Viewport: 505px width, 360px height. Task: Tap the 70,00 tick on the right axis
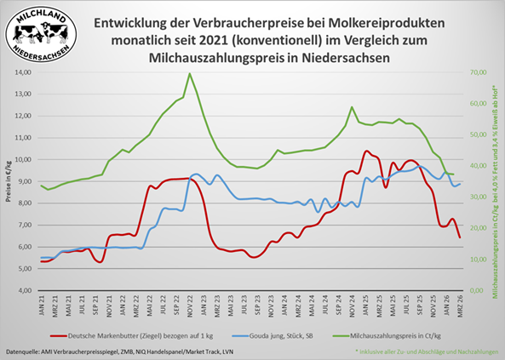pyautogui.click(x=473, y=72)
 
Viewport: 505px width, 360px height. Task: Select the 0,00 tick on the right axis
pyautogui.click(x=472, y=290)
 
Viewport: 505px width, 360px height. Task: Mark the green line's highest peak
pyautogui.click(x=189, y=73)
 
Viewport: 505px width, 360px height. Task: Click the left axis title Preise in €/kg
pyautogui.click(x=8, y=181)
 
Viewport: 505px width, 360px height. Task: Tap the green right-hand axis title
pyautogui.click(x=495, y=181)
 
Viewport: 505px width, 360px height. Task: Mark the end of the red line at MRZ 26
pyautogui.click(x=460, y=237)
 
